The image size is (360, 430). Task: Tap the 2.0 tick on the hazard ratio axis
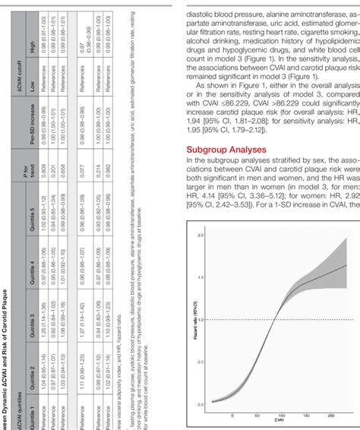(x=201, y=236)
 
